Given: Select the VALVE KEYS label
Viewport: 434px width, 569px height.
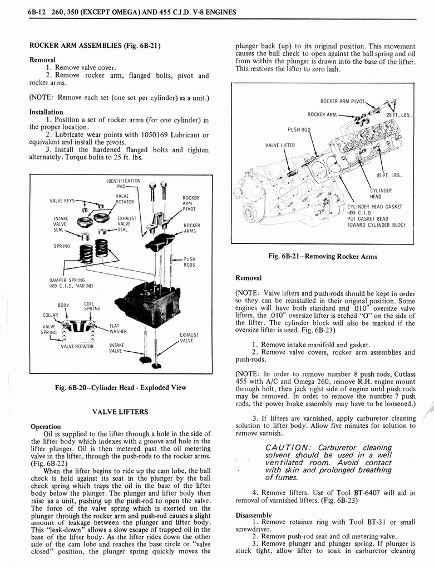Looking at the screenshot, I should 63,202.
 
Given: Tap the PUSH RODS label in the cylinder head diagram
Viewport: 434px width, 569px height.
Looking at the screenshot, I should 190,261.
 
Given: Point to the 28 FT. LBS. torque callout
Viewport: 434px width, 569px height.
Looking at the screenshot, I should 398,115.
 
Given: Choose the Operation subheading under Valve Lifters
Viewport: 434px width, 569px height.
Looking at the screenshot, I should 46,427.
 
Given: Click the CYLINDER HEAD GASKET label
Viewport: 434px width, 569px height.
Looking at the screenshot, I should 374,207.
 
